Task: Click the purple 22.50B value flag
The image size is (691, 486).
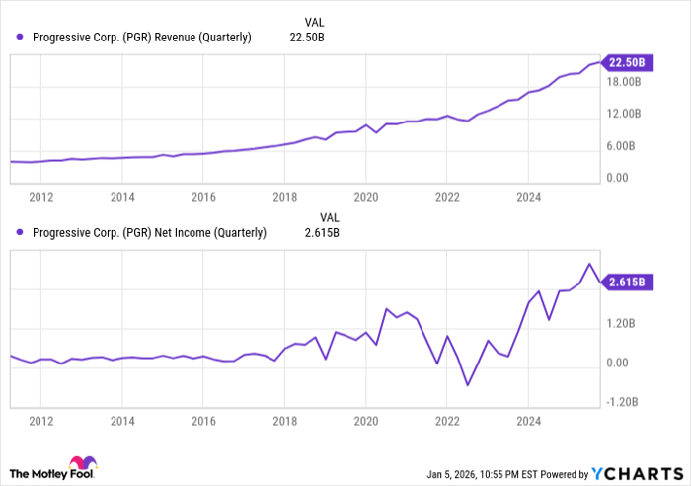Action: tap(626, 63)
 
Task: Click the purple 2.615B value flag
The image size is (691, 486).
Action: tap(626, 282)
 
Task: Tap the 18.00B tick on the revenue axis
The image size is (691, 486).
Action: tap(625, 82)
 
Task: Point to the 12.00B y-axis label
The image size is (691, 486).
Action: tap(625, 114)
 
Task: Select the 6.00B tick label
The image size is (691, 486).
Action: tap(622, 146)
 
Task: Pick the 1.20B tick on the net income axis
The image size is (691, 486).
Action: tap(622, 323)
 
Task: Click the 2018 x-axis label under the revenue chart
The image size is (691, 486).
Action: tap(284, 197)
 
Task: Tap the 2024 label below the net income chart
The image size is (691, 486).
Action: tap(528, 419)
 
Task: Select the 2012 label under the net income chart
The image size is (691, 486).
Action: tap(40, 419)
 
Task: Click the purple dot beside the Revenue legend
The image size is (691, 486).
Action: tap(20, 38)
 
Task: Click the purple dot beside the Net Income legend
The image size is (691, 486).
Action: tap(20, 233)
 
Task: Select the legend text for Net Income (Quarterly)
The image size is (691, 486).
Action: tap(149, 233)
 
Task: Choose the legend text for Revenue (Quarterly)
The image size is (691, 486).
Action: tap(142, 38)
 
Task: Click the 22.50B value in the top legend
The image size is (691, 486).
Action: tap(307, 38)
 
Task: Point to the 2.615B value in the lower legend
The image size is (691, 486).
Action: tap(320, 233)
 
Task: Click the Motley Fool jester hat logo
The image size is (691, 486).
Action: tap(82, 464)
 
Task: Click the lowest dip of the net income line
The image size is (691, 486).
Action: tap(467, 385)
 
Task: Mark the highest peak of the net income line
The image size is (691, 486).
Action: tap(589, 264)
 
